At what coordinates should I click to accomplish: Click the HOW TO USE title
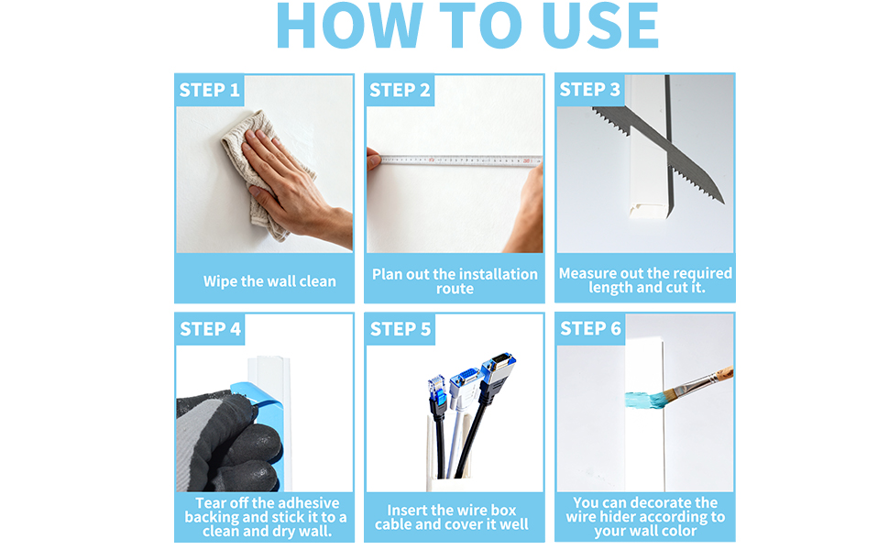[467, 26]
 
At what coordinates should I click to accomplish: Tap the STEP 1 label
[209, 90]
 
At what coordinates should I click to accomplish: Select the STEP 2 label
[400, 90]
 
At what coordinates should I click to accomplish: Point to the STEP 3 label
[589, 90]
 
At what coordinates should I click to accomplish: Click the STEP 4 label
[211, 329]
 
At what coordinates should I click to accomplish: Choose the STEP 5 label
[401, 329]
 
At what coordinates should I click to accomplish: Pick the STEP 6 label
[590, 329]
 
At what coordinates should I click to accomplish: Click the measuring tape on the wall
[460, 161]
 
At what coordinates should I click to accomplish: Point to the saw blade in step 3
[658, 153]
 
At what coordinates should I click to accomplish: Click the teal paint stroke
[646, 400]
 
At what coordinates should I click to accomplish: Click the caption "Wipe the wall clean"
[269, 281]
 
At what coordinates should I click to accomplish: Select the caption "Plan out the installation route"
[455, 281]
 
